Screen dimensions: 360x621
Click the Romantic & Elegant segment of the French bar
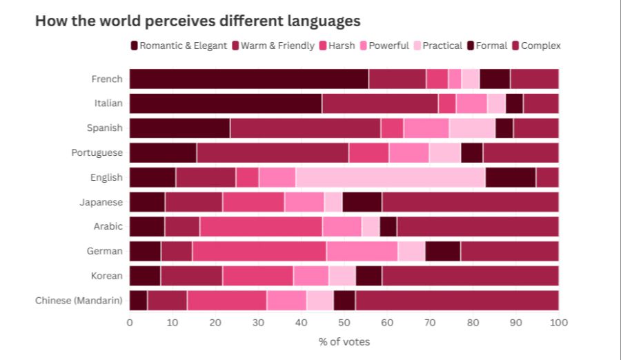(x=248, y=79)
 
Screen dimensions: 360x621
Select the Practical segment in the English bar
(x=390, y=177)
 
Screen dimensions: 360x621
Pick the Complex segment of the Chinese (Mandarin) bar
(x=456, y=301)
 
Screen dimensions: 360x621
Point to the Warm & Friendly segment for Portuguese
(x=273, y=152)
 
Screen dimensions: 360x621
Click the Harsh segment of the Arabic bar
(x=261, y=226)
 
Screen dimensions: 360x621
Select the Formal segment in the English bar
(x=510, y=177)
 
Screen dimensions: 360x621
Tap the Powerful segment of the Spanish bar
(x=426, y=128)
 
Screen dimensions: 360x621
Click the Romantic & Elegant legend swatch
(x=134, y=46)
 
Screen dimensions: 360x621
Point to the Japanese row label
(x=101, y=202)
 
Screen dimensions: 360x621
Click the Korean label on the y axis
(x=106, y=276)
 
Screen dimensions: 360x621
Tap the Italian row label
(x=108, y=103)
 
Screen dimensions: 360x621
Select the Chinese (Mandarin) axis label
(x=79, y=301)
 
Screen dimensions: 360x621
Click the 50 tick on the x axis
(x=344, y=321)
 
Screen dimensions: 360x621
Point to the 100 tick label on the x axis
(x=558, y=321)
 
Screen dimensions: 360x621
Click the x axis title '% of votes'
(x=344, y=341)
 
